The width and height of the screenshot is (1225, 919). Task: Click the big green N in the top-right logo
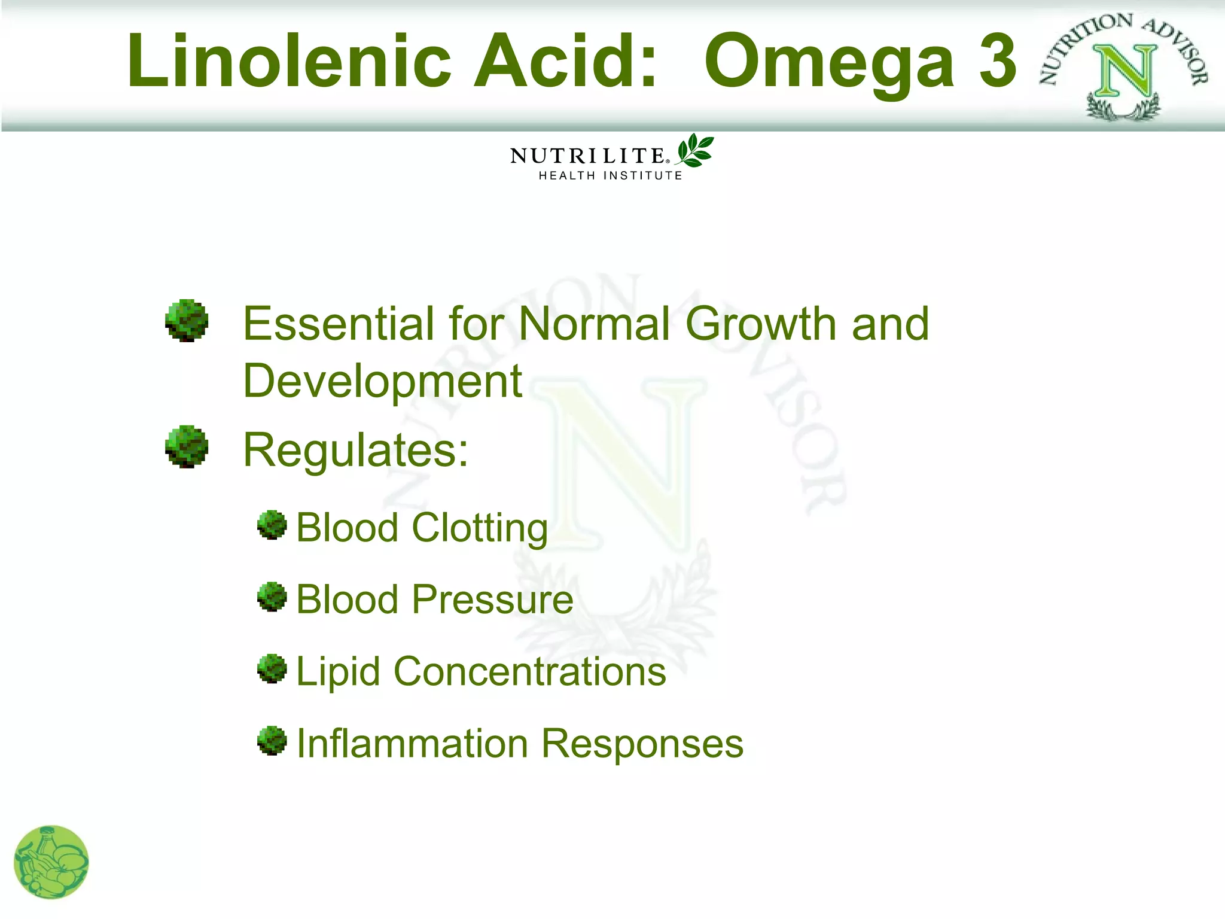(x=1125, y=72)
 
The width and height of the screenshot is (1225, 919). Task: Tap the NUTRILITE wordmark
(x=587, y=156)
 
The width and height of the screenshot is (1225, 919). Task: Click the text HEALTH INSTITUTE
(x=610, y=175)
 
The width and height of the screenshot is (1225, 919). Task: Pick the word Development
(x=383, y=381)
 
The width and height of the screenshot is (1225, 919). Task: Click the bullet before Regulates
(x=187, y=446)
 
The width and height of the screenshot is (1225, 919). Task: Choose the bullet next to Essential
(x=187, y=320)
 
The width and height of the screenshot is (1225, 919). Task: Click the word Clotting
(x=480, y=528)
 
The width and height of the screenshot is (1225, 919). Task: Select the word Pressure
(x=493, y=600)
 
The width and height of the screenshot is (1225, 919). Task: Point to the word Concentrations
(x=529, y=671)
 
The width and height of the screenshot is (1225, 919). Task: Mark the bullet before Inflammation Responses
(x=272, y=741)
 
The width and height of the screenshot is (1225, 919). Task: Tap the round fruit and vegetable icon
(x=51, y=862)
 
